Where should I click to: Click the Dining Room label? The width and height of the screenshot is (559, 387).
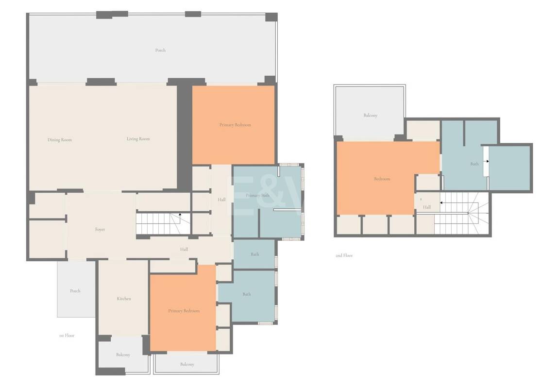(x=60, y=140)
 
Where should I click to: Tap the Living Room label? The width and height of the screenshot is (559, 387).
(x=138, y=138)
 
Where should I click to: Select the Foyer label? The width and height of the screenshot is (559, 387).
(x=100, y=230)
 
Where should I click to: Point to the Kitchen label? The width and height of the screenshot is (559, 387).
(x=124, y=299)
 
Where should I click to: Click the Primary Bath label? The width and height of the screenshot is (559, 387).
(x=257, y=196)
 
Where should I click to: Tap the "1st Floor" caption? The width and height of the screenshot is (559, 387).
(x=67, y=336)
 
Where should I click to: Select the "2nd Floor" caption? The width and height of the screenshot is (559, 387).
(x=344, y=255)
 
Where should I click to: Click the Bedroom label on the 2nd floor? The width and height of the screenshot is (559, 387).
(x=382, y=179)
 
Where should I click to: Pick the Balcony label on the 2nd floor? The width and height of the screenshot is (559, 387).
(x=371, y=116)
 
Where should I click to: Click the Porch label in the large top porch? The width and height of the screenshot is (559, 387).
(x=160, y=50)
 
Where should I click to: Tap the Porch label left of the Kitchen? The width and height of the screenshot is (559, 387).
(x=75, y=291)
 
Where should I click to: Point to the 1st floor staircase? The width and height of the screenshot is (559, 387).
(x=163, y=224)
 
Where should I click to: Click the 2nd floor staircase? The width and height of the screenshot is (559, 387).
(x=460, y=213)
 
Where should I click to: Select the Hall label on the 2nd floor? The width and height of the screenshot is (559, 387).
(x=427, y=207)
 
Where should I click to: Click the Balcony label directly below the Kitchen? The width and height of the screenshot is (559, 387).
(x=123, y=355)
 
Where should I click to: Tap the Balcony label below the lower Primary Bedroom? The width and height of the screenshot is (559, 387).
(x=187, y=364)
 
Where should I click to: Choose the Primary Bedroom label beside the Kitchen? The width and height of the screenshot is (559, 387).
(x=184, y=311)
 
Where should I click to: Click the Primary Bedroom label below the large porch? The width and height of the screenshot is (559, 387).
(x=235, y=125)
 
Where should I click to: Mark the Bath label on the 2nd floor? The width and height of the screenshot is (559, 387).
(x=474, y=164)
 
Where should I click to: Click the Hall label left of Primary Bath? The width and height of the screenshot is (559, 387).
(x=221, y=200)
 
